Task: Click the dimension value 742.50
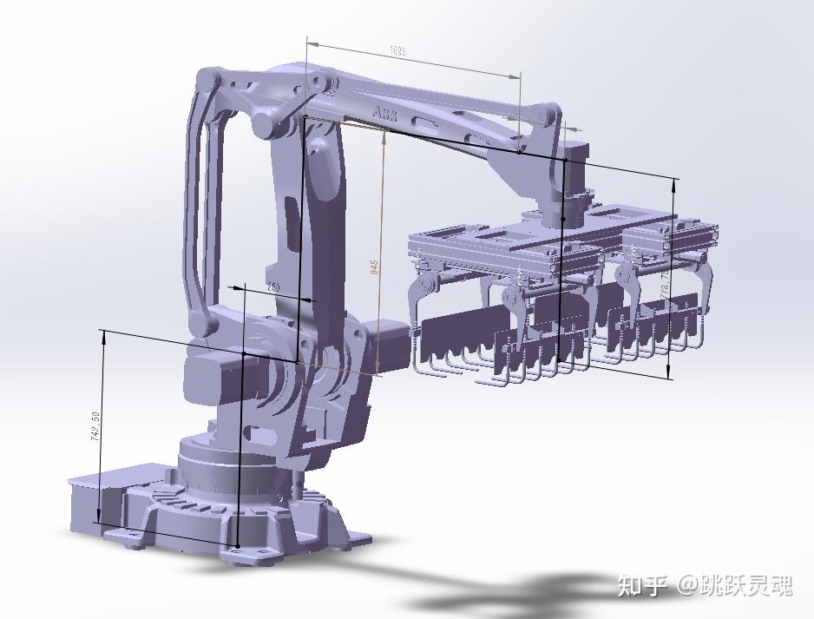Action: coord(96,425)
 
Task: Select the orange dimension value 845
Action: coord(375,267)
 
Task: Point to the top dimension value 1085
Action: coord(397,51)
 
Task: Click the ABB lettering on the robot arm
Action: coord(384,114)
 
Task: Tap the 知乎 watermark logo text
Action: coord(643,586)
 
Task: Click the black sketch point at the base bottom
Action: coord(237,545)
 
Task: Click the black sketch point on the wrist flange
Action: coord(562,219)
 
